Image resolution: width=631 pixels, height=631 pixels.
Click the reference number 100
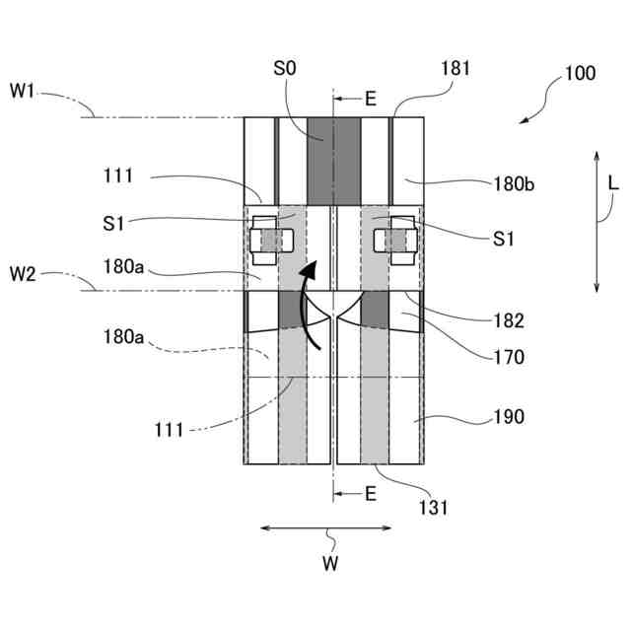click(x=580, y=74)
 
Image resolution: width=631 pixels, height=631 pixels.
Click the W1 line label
click(x=23, y=91)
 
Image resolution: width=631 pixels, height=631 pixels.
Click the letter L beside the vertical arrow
click(x=613, y=183)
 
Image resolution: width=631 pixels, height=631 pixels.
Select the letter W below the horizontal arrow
click(x=333, y=565)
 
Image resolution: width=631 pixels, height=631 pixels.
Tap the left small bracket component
click(x=269, y=240)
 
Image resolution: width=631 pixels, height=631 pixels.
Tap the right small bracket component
click(x=400, y=240)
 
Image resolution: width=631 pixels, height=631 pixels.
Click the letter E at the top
click(x=371, y=99)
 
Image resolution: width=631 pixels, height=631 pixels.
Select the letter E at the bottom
click(x=371, y=494)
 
